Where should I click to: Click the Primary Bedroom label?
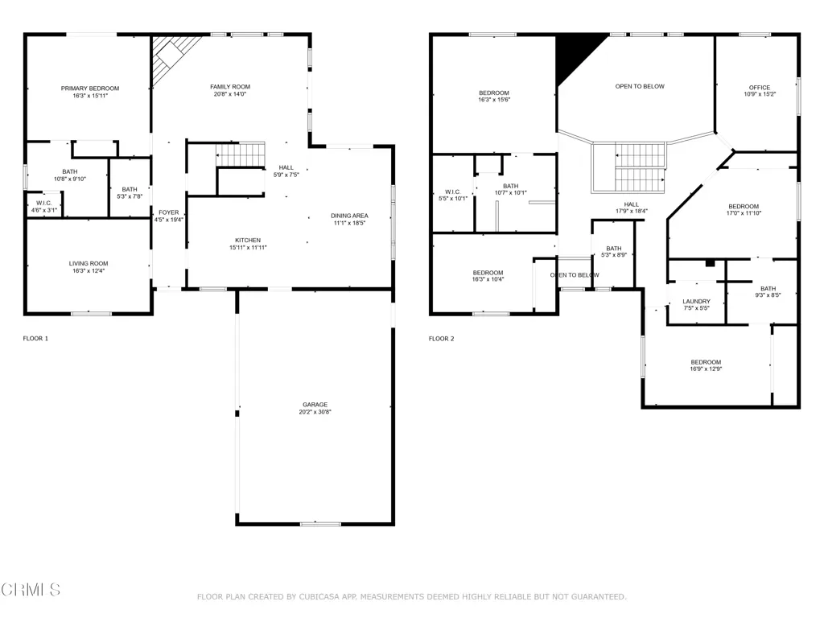click(90, 89)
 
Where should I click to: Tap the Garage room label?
click(315, 405)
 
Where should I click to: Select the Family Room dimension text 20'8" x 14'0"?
click(229, 94)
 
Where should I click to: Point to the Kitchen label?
click(248, 240)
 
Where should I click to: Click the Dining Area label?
click(349, 216)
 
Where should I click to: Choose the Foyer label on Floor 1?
click(169, 212)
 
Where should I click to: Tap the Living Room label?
click(89, 264)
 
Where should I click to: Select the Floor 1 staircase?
click(240, 154)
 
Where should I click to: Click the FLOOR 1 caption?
click(35, 339)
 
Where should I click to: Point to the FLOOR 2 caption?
click(442, 339)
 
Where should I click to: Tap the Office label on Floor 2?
click(760, 88)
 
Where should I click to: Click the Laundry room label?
click(696, 302)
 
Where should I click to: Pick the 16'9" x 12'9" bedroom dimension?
click(706, 369)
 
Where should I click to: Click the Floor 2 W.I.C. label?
click(452, 192)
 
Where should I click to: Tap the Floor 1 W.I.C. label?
click(43, 203)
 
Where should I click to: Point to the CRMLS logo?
click(31, 590)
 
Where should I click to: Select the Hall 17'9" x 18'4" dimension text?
click(631, 212)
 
